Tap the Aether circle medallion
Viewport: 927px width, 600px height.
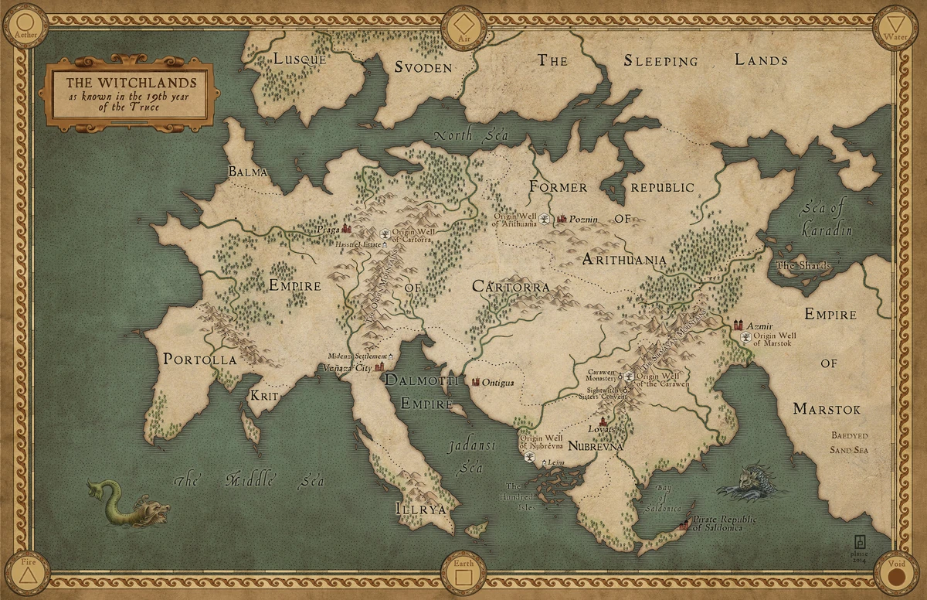(25, 26)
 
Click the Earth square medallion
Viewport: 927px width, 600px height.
(463, 574)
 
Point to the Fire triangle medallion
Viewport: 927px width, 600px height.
(27, 574)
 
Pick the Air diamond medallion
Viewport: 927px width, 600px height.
(463, 26)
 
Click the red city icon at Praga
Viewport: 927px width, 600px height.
(347, 228)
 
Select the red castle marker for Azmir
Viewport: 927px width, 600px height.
(740, 326)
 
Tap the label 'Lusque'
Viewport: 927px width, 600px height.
(301, 59)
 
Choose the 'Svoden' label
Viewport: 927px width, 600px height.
(423, 67)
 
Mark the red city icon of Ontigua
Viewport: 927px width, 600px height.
(476, 382)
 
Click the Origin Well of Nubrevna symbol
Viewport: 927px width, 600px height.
(530, 458)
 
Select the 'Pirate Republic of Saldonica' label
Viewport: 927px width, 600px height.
(725, 523)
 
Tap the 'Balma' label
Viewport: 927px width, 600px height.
(247, 172)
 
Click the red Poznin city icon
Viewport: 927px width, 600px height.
(562, 220)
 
